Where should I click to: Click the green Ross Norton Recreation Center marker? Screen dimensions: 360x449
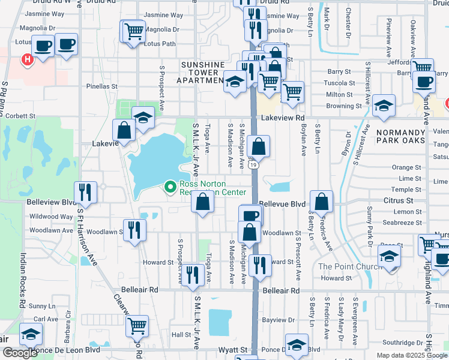(x=170, y=188)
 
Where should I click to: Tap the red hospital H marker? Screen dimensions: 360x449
(x=26, y=59)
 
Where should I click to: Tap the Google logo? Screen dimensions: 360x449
(x=20, y=353)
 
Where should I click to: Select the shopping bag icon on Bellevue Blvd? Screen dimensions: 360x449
(x=322, y=203)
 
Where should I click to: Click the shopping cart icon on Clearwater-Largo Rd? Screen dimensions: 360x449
(x=137, y=326)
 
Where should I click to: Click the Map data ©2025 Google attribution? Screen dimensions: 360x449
(x=411, y=355)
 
